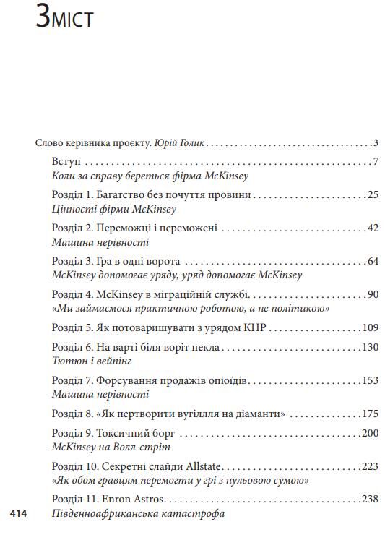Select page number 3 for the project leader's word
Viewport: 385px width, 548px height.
pyautogui.click(x=376, y=142)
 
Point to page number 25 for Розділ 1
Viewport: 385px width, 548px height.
pyautogui.click(x=373, y=194)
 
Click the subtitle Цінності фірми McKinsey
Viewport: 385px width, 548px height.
pyautogui.click(x=114, y=209)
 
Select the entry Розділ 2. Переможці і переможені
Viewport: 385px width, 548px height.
pyautogui.click(x=135, y=228)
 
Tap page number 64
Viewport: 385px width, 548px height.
pyautogui.click(x=373, y=261)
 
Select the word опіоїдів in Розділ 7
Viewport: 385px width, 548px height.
pyautogui.click(x=224, y=380)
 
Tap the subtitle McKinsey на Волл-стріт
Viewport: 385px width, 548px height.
pyautogui.click(x=111, y=447)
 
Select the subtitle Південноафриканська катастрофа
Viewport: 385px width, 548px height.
pyautogui.click(x=139, y=514)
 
